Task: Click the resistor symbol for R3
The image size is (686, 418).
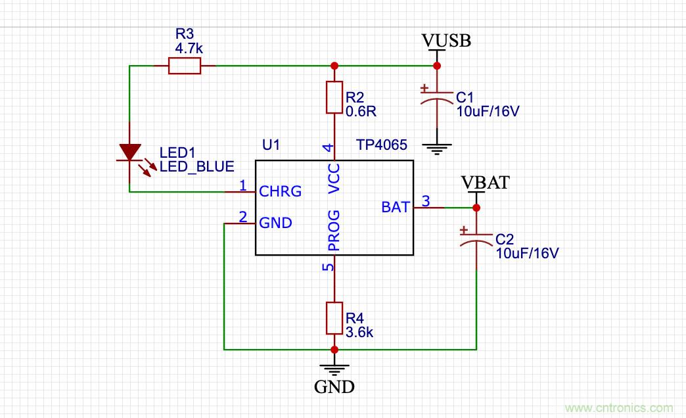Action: [x=184, y=66]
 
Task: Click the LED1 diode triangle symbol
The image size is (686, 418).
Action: [x=129, y=153]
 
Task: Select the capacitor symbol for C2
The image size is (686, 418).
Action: [x=476, y=238]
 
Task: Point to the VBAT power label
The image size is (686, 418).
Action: [x=485, y=183]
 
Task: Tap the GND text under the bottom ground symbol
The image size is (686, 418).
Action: [x=334, y=386]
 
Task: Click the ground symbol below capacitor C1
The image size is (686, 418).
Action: [x=436, y=147]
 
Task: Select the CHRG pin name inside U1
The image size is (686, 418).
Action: [x=281, y=192]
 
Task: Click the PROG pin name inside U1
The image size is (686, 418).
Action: [x=334, y=231]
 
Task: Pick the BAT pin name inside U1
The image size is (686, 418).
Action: [x=396, y=208]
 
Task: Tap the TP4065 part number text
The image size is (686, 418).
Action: [x=382, y=145]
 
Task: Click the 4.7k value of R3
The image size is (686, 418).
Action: [x=189, y=49]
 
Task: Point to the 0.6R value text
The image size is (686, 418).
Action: [x=360, y=111]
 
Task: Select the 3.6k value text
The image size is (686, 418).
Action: [x=359, y=333]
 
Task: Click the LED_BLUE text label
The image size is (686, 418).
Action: [x=196, y=167]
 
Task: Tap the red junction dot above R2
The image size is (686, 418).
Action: [x=334, y=66]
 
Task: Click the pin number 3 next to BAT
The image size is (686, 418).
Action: [x=425, y=202]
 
